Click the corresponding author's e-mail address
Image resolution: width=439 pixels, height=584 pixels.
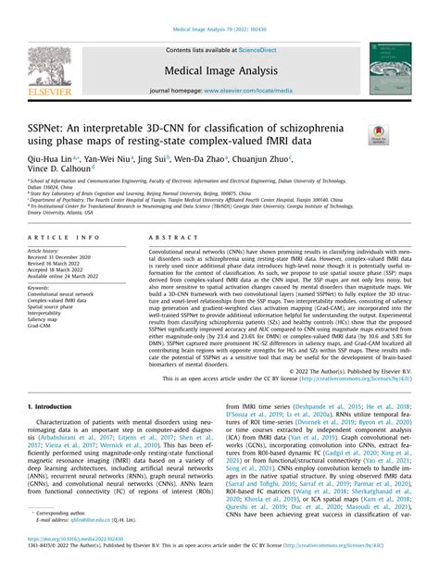coord(95,545)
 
